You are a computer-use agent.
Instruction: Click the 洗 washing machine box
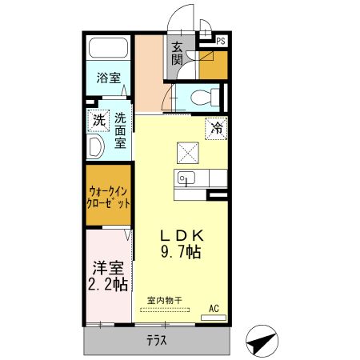click(x=98, y=121)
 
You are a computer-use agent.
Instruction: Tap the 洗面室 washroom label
click(x=120, y=131)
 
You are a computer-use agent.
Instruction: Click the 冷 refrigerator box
click(x=216, y=126)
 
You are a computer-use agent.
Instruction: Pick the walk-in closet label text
click(x=109, y=196)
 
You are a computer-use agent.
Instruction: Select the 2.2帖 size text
click(x=106, y=284)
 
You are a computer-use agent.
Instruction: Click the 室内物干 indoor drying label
click(x=164, y=301)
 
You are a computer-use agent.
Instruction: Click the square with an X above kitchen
click(x=187, y=150)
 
